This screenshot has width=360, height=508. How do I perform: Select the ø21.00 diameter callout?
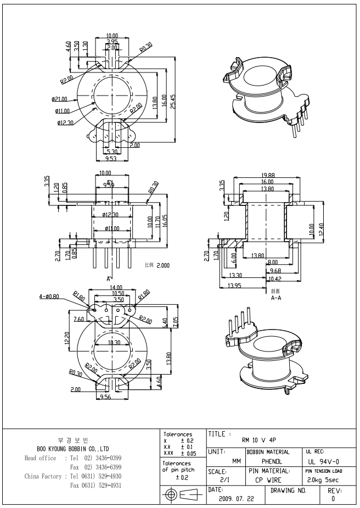[59, 99]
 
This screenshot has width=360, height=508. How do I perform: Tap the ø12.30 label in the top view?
[65, 122]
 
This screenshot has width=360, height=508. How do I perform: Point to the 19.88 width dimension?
[268, 175]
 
